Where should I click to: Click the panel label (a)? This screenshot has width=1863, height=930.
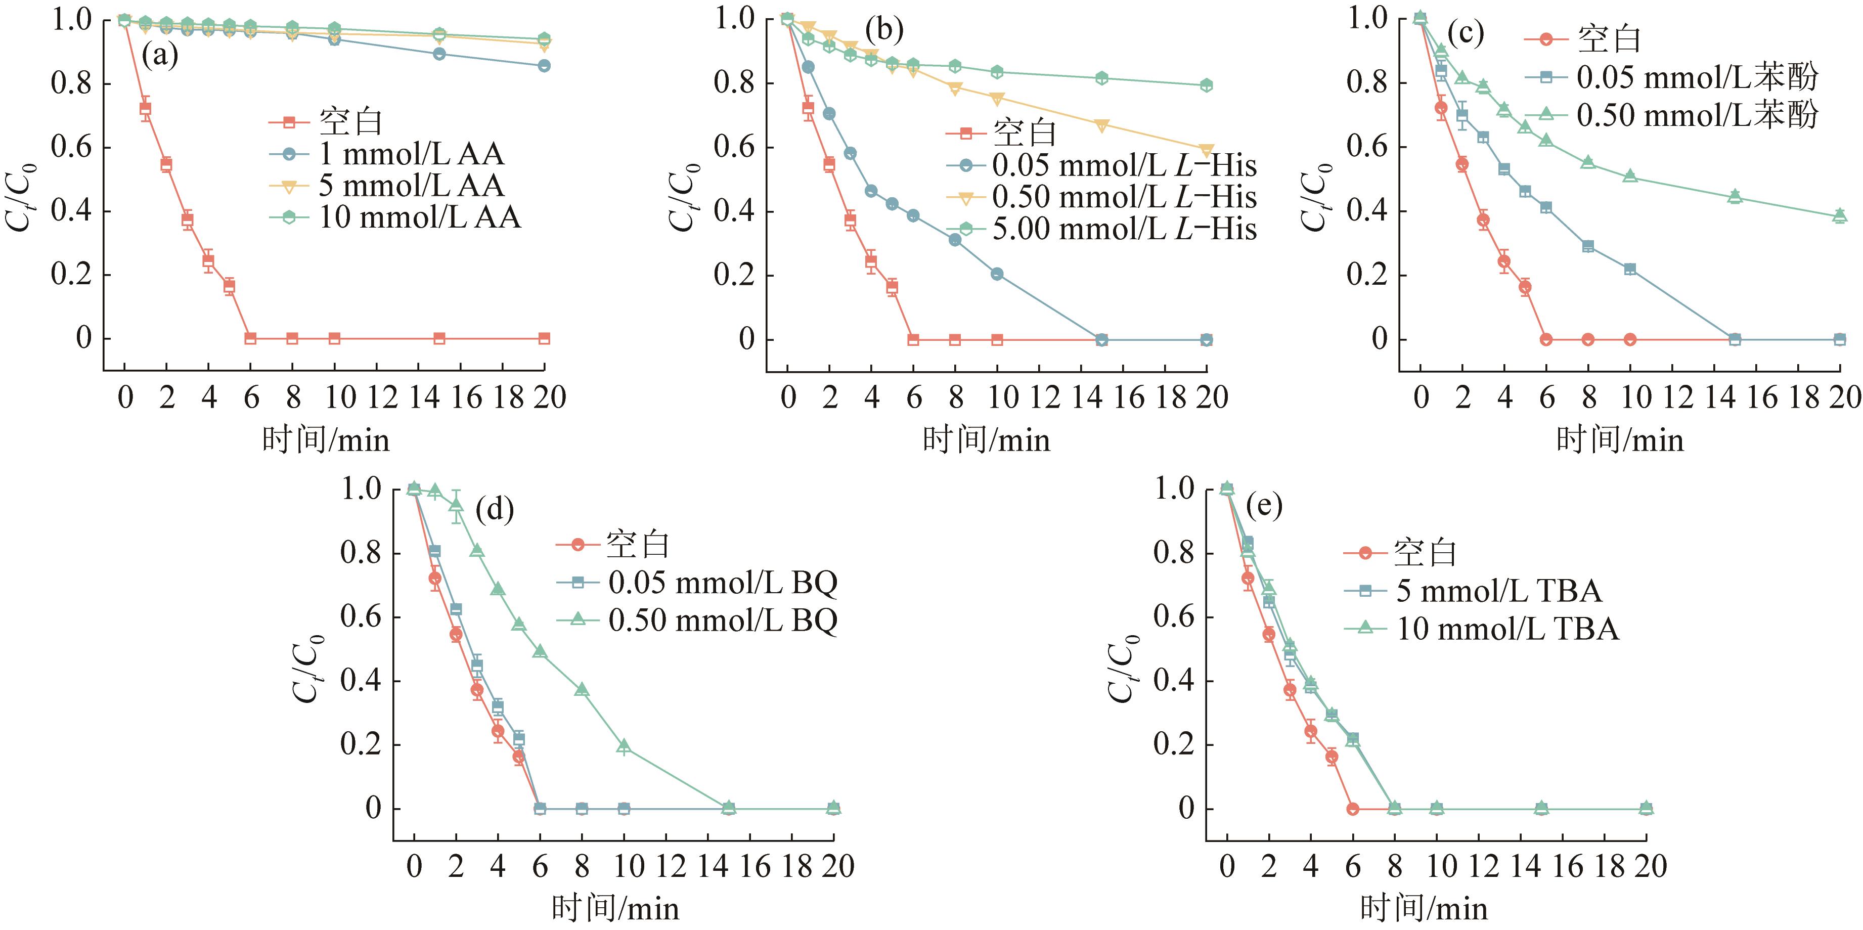(160, 56)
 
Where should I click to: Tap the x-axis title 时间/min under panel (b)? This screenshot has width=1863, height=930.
(987, 439)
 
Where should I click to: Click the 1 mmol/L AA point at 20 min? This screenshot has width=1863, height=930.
(544, 66)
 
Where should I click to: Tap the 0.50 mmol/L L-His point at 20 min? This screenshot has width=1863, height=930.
(1206, 150)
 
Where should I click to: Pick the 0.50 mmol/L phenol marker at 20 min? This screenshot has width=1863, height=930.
(1840, 215)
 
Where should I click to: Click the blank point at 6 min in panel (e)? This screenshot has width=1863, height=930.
(1352, 809)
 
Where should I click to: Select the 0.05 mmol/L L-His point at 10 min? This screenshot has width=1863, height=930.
(997, 274)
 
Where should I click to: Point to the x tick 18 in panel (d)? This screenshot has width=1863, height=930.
(796, 866)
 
